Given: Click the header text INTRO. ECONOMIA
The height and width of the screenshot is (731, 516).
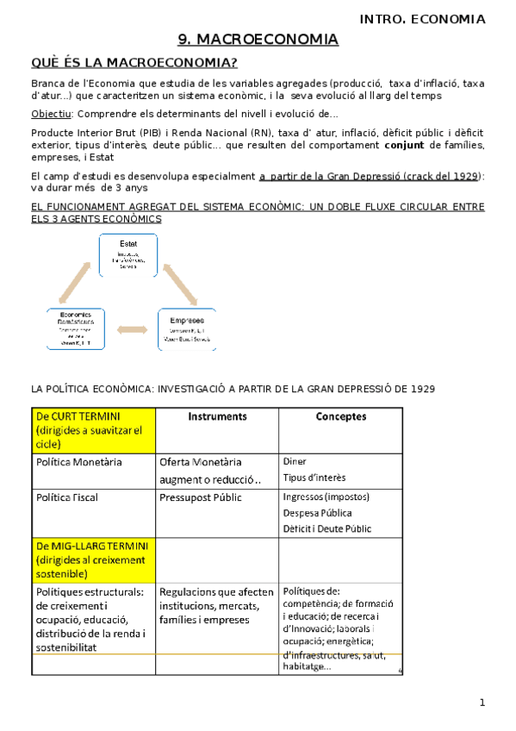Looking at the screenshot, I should pyautogui.click(x=434, y=19).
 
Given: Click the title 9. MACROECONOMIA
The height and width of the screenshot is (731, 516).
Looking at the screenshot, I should pyautogui.click(x=258, y=40).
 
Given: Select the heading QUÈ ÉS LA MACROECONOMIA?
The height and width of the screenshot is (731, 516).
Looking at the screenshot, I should pyautogui.click(x=134, y=62).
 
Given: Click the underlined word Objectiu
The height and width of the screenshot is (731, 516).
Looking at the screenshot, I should pyautogui.click(x=51, y=114).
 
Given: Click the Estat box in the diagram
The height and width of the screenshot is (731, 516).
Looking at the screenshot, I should pyautogui.click(x=128, y=253).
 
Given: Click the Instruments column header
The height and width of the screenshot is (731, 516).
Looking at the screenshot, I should pyautogui.click(x=217, y=416).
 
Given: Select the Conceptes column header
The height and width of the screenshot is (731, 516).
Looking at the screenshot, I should pyautogui.click(x=340, y=416).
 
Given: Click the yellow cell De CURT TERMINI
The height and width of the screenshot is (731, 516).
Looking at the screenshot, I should pyautogui.click(x=92, y=429).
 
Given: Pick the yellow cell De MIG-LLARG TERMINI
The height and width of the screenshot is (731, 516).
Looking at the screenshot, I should pyautogui.click(x=92, y=559).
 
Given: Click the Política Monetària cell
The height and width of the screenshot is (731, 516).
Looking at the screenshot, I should pyautogui.click(x=80, y=462).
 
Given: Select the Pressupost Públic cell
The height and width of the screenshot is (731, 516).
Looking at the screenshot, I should pyautogui.click(x=201, y=497).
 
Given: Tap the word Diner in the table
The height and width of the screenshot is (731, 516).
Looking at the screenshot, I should pyautogui.click(x=295, y=461).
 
